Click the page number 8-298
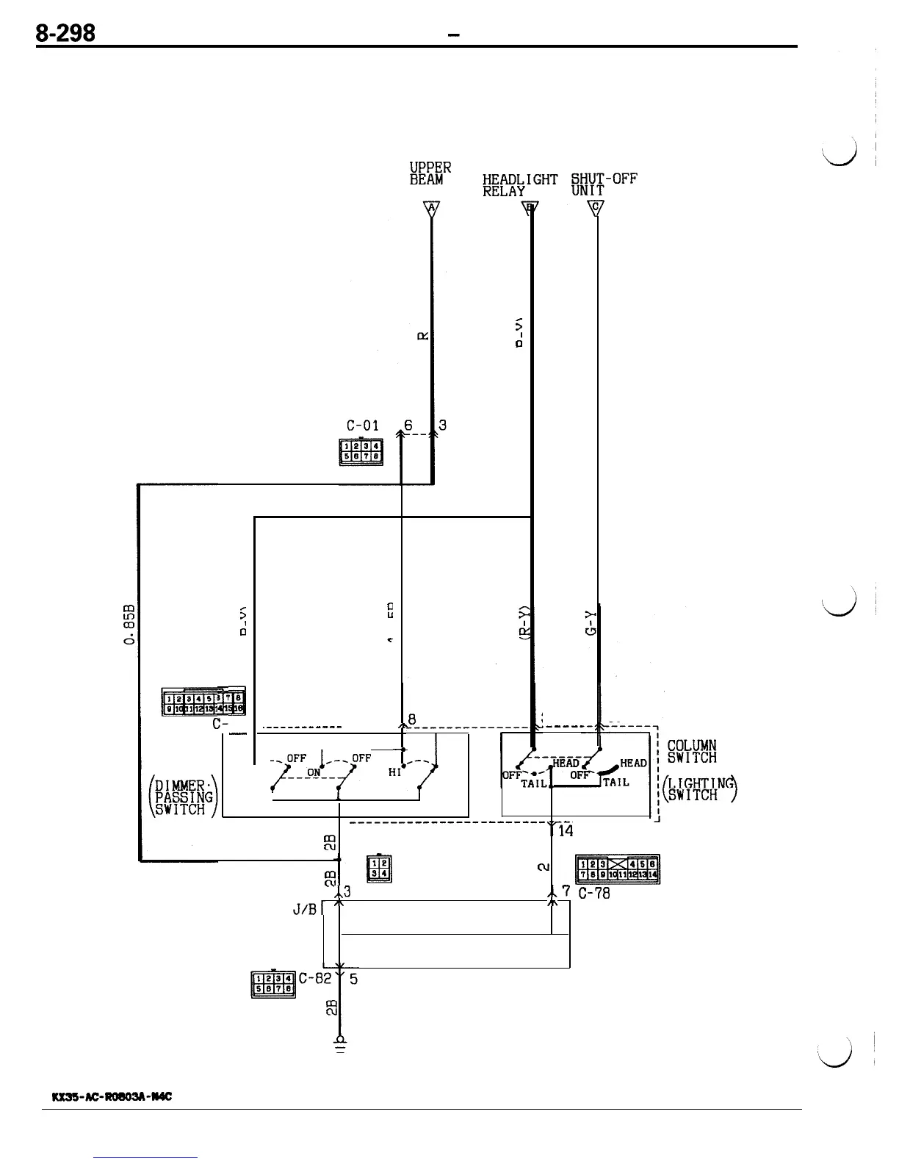pos(67,32)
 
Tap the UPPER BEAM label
pos(430,173)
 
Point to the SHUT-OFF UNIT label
pos(604,184)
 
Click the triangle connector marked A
pos(432,209)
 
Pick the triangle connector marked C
pos(597,209)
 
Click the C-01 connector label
pos(362,425)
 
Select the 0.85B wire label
pos(131,625)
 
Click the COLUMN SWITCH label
pos(691,752)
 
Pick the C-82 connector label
pos(316,978)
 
